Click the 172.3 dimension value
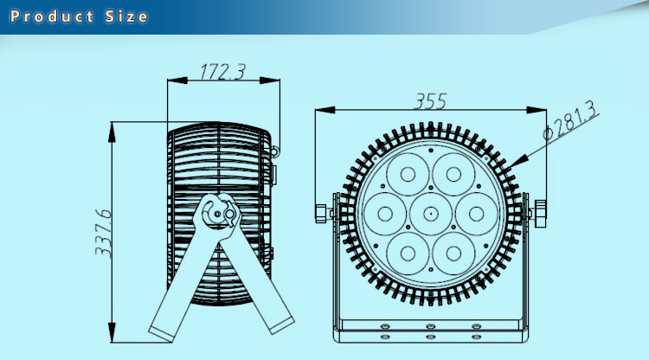click(222, 72)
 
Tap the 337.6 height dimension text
click(104, 234)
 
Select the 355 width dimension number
click(431, 101)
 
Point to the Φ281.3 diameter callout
click(570, 120)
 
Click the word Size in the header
click(126, 16)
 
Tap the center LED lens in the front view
click(430, 214)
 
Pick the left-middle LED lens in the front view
click(385, 214)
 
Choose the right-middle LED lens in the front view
click(477, 214)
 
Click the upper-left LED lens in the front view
click(408, 175)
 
